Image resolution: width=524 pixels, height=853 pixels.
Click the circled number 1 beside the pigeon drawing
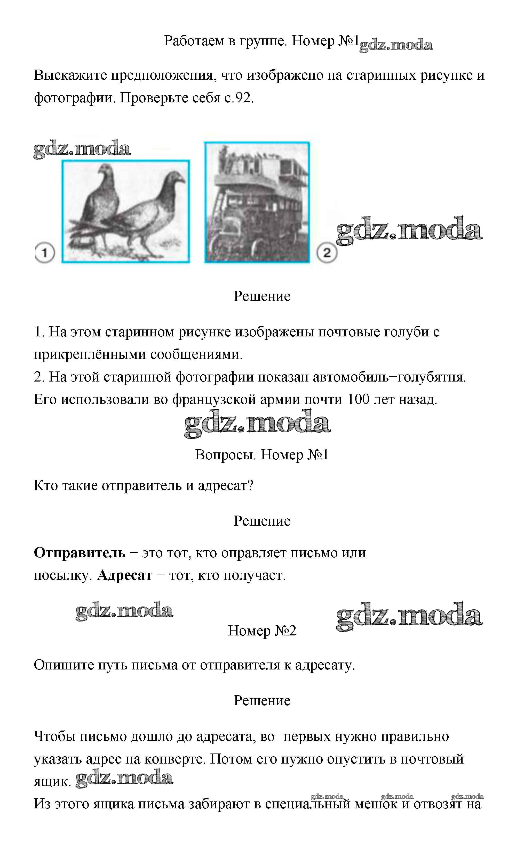point(45,253)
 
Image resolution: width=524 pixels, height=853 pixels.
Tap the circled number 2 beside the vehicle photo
point(327,253)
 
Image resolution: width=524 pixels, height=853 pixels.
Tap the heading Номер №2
point(262,631)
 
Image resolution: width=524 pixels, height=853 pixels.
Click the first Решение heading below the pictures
point(262,296)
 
